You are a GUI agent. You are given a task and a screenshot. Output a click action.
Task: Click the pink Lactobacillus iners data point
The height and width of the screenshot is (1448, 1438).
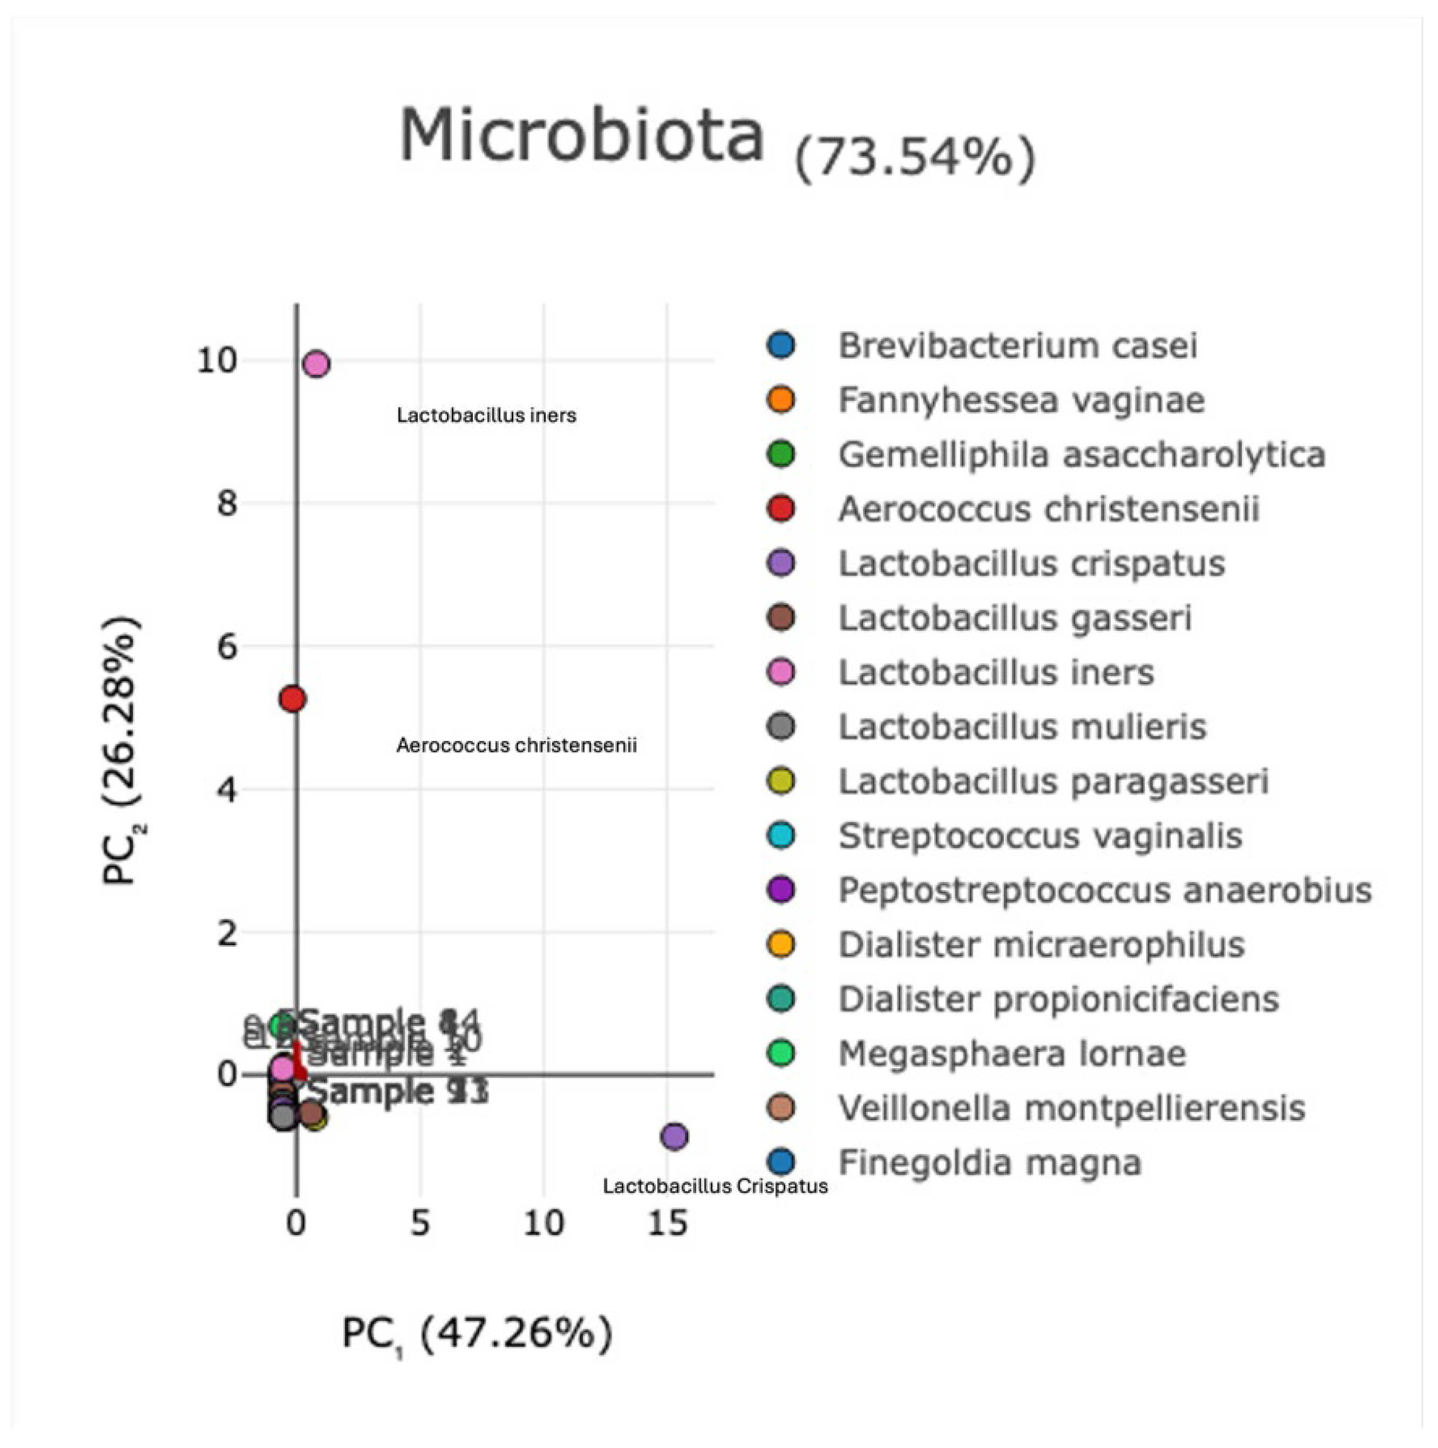pos(316,364)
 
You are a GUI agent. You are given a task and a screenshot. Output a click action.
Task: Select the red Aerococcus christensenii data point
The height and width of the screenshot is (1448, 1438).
pos(292,699)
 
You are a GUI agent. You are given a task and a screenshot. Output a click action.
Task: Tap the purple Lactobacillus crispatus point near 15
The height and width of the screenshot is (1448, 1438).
pos(674,1136)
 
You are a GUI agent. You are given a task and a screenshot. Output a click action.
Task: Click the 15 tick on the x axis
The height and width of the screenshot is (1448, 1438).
pos(667,1223)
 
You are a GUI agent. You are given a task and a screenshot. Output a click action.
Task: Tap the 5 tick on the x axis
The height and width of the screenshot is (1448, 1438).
pos(420,1223)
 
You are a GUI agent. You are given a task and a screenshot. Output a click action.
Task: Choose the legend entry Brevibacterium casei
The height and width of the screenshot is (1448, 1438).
pos(1017,346)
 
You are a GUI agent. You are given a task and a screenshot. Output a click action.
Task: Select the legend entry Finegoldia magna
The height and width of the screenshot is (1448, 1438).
pos(989,1163)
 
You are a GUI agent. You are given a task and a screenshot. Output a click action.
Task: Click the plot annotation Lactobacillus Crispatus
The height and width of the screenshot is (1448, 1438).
pos(715,1186)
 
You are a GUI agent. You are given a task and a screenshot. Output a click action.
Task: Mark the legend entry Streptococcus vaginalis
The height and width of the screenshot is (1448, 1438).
pos(1039,836)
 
